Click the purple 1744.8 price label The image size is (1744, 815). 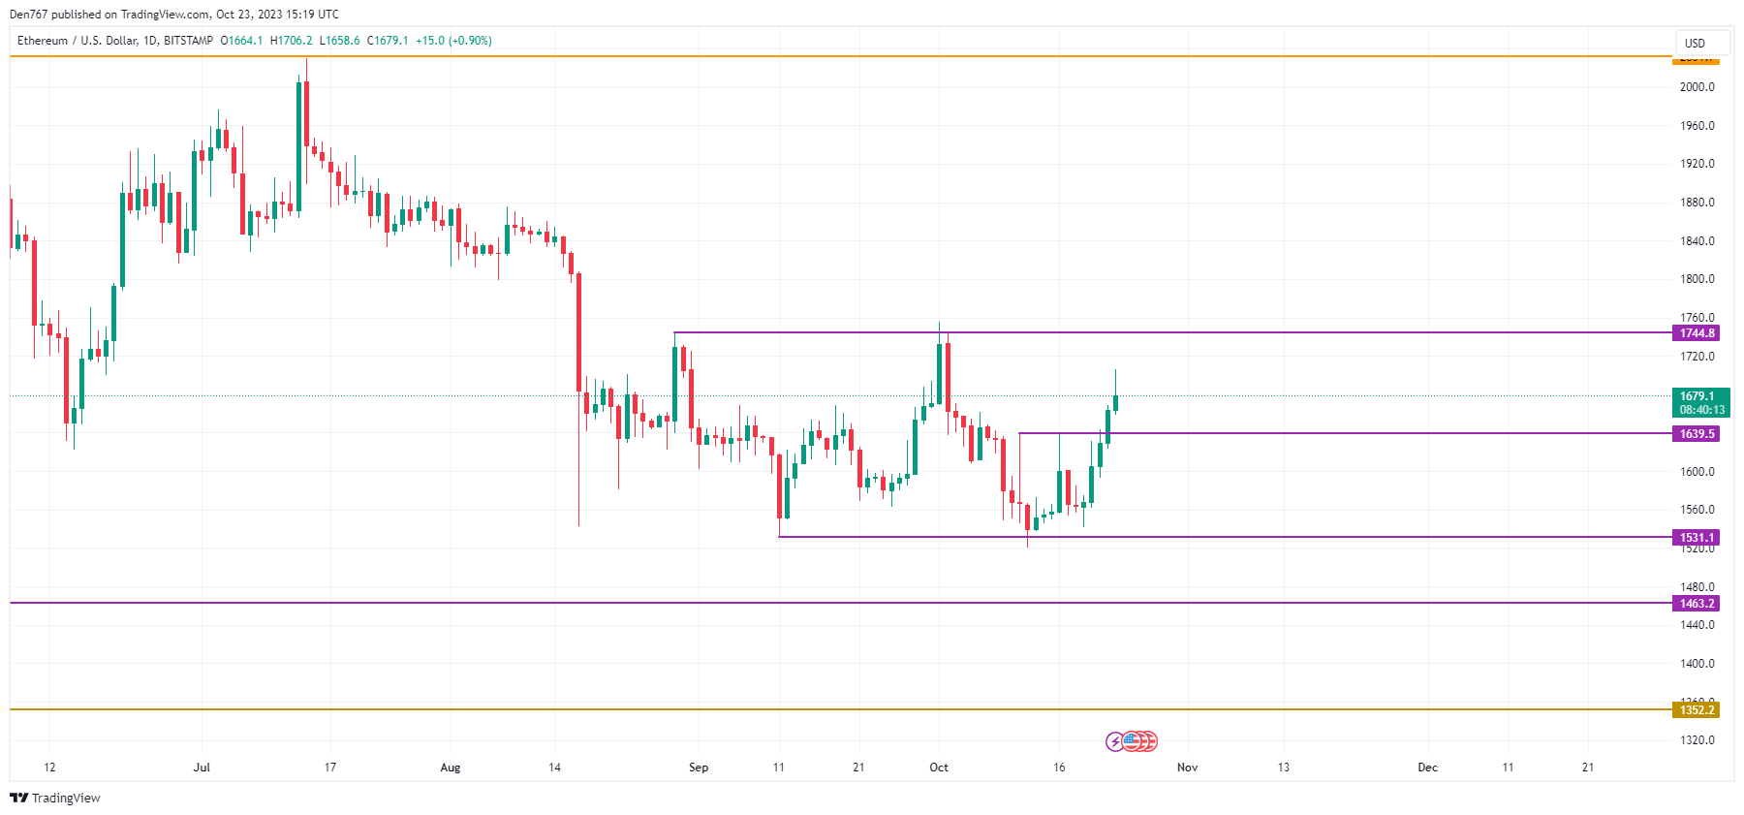pos(1697,333)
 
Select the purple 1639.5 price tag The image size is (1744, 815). pos(1697,434)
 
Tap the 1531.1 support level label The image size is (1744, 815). pos(1697,538)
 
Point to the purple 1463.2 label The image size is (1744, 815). pos(1697,604)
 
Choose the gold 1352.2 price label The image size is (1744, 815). pos(1697,710)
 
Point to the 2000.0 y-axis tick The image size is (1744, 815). pos(1697,87)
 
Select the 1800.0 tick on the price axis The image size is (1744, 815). pos(1697,279)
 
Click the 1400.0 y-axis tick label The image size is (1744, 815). pos(1697,664)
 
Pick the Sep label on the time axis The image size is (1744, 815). pos(699,768)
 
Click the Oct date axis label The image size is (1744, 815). pos(939,768)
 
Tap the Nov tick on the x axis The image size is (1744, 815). pos(1187,768)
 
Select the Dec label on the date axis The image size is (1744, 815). pos(1427,768)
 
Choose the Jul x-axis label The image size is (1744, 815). pos(202,768)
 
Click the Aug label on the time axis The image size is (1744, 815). pos(451,768)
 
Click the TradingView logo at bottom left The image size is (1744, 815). pos(55,798)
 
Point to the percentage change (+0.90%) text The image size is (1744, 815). pos(470,41)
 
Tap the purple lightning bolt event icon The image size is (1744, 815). pos(1115,742)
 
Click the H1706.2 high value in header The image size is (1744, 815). pos(292,41)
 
